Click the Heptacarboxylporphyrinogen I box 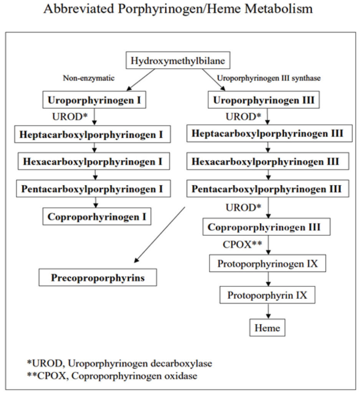pos(92,135)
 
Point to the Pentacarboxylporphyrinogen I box pos(92,189)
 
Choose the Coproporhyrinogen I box pos(97,216)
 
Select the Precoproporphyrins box pos(98,278)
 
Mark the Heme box pos(268,328)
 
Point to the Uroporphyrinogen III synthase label pos(269,78)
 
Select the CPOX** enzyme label pos(242,244)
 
